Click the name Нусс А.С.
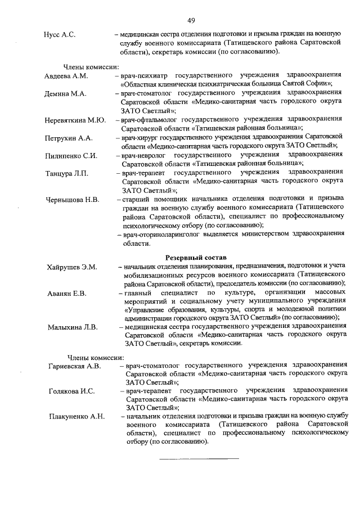[x=60, y=35]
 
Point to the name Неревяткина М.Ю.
[x=75, y=120]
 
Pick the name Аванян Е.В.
[x=67, y=293]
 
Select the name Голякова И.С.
[x=71, y=391]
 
